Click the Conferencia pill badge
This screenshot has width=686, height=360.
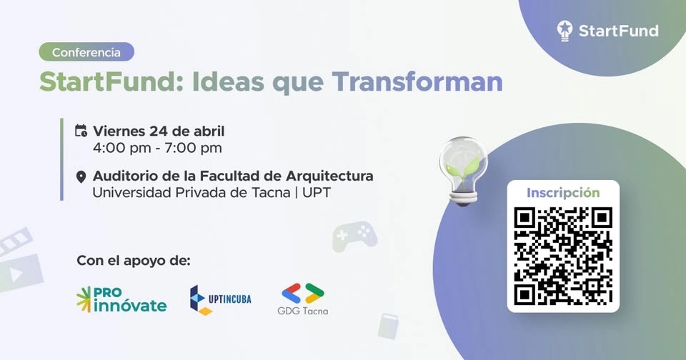(x=86, y=52)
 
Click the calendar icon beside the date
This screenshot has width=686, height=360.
(x=81, y=131)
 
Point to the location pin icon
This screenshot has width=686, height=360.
(x=81, y=176)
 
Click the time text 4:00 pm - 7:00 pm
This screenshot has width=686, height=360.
(x=157, y=149)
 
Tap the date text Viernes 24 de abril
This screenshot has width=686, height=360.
(x=159, y=131)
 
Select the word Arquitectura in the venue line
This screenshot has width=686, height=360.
(x=330, y=176)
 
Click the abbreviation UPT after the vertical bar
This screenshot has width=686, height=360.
(x=317, y=193)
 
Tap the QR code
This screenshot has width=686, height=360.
(x=563, y=254)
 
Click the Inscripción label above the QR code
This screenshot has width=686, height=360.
(x=563, y=193)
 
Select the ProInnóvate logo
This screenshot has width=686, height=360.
(x=121, y=300)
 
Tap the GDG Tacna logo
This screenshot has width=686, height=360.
(x=303, y=300)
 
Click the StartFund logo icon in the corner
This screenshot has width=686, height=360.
(x=565, y=30)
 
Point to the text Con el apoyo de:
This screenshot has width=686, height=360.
(x=134, y=260)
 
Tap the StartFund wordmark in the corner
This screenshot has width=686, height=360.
(x=618, y=31)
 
